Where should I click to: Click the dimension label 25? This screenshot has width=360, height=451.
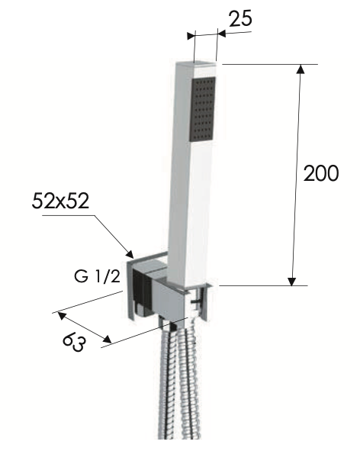(x=240, y=18)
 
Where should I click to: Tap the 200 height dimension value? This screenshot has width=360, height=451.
(x=321, y=173)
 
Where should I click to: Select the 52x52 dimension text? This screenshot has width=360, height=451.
(x=60, y=201)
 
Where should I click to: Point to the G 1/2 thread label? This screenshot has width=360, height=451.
(x=97, y=276)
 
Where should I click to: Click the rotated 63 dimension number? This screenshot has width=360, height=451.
(x=74, y=343)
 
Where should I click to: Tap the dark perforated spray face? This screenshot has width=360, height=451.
(x=203, y=108)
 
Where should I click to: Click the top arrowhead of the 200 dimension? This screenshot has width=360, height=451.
(x=301, y=69)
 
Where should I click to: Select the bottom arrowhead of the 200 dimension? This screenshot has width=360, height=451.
(x=292, y=281)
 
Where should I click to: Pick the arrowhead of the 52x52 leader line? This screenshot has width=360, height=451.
(x=130, y=253)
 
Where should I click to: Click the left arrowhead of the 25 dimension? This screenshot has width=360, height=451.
(x=191, y=36)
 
